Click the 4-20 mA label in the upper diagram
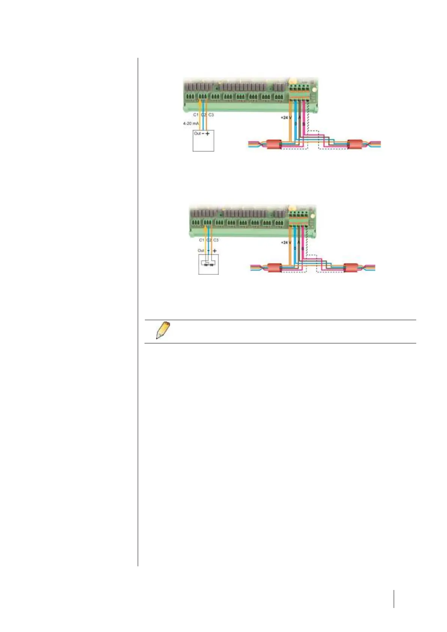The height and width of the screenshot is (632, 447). (191, 123)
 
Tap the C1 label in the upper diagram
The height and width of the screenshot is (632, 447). (196, 115)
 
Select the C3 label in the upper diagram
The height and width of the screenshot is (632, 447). (211, 115)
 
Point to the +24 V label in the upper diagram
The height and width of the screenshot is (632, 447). (286, 117)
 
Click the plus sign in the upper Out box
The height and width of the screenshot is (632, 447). (208, 134)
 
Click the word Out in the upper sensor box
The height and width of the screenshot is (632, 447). (197, 133)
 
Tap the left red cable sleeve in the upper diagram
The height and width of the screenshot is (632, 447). (274, 144)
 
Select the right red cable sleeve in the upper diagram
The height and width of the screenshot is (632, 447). (355, 144)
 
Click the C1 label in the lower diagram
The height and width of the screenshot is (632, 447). (202, 240)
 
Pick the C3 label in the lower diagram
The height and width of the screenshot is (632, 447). (216, 240)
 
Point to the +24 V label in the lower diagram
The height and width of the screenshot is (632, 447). (286, 243)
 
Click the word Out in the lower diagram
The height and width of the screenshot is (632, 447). (201, 250)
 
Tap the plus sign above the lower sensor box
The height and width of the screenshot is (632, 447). (215, 251)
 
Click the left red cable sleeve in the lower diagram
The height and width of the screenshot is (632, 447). (275, 268)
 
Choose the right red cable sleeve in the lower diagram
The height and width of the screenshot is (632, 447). (351, 268)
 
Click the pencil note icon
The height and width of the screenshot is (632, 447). (163, 330)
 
